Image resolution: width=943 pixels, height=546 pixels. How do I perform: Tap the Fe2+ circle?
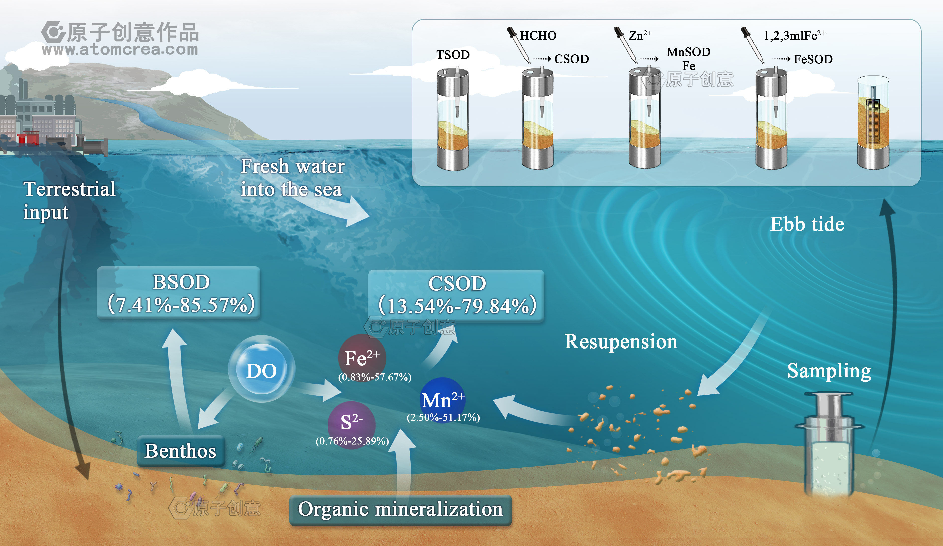click(362, 357)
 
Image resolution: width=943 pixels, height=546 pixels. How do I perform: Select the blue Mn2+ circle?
click(443, 399)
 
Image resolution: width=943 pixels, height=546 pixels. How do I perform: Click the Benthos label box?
click(181, 451)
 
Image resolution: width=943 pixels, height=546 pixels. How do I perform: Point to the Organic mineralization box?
click(400, 510)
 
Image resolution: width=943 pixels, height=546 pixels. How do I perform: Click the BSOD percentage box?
click(179, 293)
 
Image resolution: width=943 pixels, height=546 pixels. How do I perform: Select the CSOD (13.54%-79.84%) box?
click(456, 295)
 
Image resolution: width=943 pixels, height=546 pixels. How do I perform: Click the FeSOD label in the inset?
click(813, 59)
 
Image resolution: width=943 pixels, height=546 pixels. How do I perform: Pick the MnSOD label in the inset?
click(688, 52)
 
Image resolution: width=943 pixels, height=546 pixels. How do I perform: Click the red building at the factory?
click(28, 139)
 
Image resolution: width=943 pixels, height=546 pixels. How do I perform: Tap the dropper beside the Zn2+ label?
click(625, 45)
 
